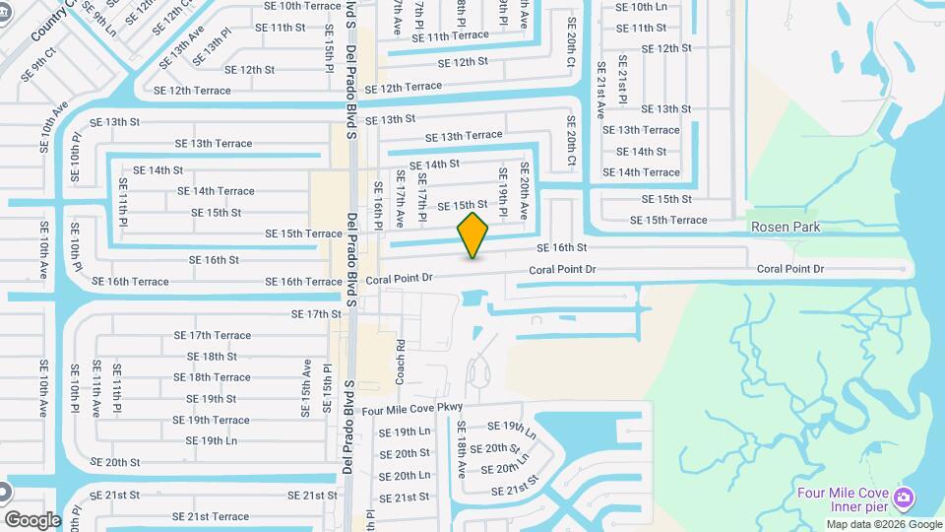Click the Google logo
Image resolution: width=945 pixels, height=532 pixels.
click(32, 519)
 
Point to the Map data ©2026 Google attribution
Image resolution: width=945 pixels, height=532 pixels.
click(883, 523)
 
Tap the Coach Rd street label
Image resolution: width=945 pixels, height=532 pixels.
click(401, 362)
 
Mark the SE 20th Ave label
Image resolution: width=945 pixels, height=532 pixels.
click(525, 191)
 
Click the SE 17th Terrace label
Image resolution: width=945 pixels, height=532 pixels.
click(212, 335)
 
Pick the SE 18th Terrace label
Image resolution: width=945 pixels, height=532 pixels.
click(212, 377)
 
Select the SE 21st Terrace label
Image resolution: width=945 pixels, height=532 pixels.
click(211, 516)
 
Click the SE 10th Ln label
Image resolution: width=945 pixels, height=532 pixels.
click(640, 6)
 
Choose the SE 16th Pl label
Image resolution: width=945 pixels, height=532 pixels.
click(377, 205)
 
